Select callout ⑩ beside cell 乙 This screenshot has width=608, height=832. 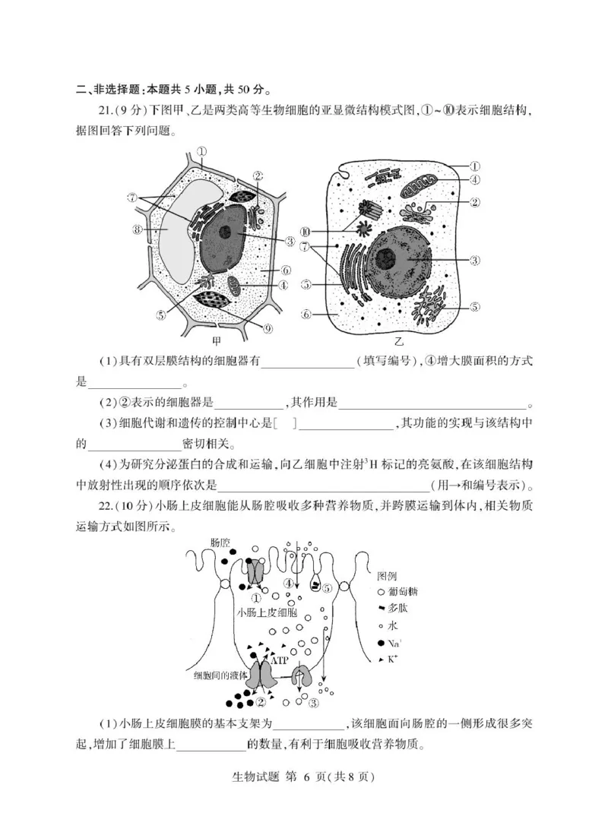tap(306, 232)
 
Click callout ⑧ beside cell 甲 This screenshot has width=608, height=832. tap(137, 228)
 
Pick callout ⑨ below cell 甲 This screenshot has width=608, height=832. tap(268, 328)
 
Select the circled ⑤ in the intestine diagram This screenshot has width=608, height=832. tap(327, 588)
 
